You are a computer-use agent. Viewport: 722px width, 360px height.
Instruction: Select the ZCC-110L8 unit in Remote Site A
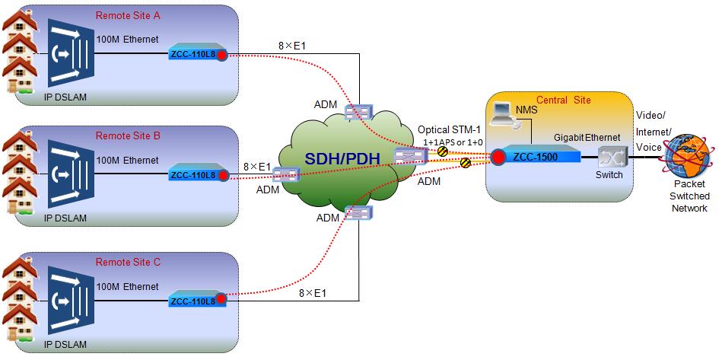pos(198,53)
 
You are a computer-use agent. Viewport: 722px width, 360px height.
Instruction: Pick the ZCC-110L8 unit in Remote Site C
pos(198,300)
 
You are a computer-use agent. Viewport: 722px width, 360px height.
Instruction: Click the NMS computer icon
pos(502,115)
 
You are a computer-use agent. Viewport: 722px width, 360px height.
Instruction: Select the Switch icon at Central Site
pos(610,157)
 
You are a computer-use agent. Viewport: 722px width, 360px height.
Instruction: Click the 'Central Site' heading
pos(564,100)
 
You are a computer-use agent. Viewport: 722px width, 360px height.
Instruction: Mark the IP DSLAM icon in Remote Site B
pos(71,171)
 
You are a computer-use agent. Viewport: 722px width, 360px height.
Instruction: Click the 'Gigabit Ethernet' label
pos(587,137)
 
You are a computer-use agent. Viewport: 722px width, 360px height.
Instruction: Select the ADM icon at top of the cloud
pos(358,113)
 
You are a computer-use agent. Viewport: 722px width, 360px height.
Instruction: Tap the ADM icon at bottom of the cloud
pos(358,212)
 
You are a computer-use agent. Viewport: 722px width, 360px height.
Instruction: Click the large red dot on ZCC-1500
pos(498,158)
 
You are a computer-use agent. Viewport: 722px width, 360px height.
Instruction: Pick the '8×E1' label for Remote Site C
pos(313,293)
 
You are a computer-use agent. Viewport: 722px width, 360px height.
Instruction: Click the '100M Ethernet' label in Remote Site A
pos(127,39)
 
